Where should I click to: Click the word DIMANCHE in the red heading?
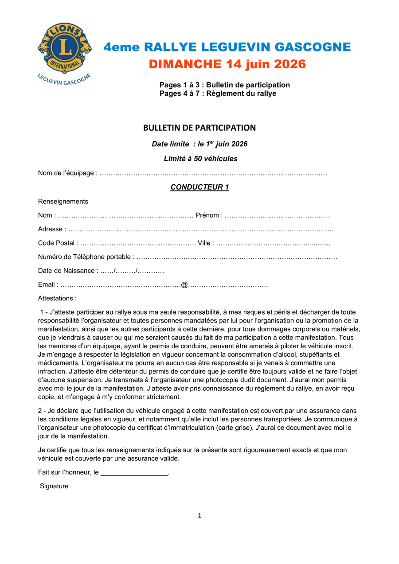click(x=185, y=64)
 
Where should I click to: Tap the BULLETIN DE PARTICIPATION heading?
click(x=199, y=128)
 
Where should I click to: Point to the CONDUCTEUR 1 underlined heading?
click(x=199, y=187)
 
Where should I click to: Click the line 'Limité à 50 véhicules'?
click(x=200, y=159)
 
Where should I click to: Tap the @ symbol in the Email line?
click(x=184, y=284)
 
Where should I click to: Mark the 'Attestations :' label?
click(x=57, y=298)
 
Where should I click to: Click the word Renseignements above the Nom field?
click(x=63, y=202)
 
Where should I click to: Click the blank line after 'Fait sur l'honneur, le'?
click(x=134, y=473)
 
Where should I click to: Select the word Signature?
click(x=54, y=486)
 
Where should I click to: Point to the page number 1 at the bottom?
click(x=199, y=516)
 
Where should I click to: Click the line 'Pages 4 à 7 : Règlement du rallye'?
click(x=218, y=93)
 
